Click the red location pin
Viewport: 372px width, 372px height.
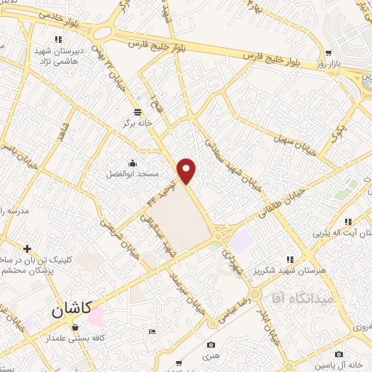coord(187,170)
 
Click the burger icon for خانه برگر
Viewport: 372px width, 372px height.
coord(137,111)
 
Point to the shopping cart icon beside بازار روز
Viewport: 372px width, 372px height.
coord(328,52)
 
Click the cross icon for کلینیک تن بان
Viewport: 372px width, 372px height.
coord(27,248)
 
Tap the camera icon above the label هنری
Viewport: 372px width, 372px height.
coord(211,345)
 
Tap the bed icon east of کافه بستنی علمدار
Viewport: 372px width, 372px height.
coord(151,332)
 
